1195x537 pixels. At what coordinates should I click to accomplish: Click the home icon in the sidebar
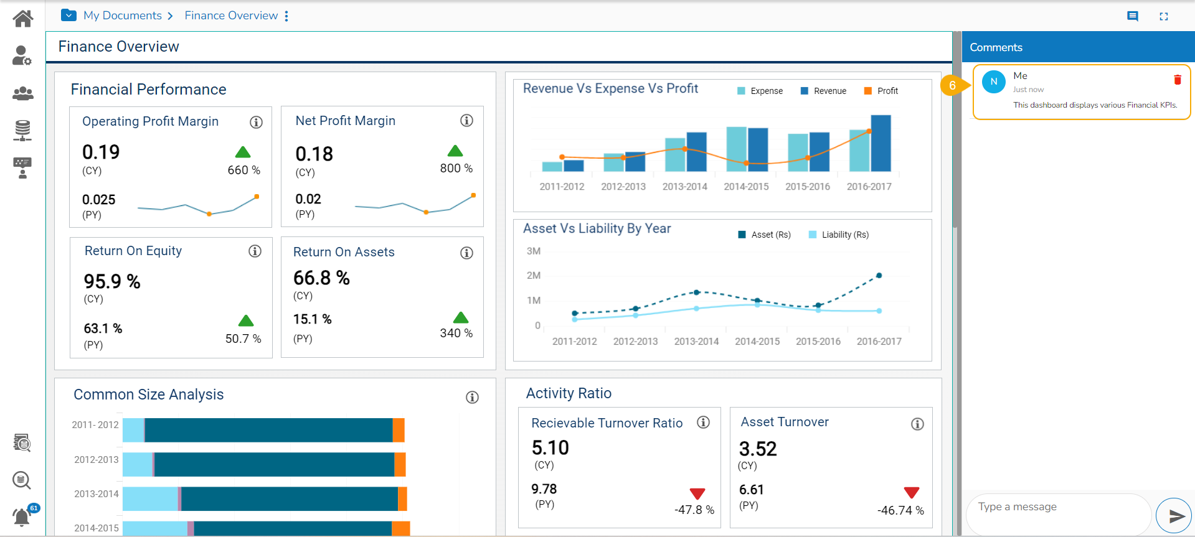tap(23, 19)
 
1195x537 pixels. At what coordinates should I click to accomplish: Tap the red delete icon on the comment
tap(1177, 80)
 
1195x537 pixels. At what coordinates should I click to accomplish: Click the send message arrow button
tap(1174, 515)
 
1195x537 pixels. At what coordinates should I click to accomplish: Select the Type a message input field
tap(1059, 507)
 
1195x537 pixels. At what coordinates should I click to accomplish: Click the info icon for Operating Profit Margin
tap(256, 122)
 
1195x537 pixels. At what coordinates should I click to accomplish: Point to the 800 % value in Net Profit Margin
tap(456, 168)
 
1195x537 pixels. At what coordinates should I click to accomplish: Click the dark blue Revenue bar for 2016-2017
tap(881, 143)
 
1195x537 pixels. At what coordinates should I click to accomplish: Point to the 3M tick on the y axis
tap(534, 251)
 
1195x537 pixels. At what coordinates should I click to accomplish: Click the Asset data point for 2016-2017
tap(879, 275)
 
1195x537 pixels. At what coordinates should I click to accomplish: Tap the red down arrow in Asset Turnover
tap(912, 493)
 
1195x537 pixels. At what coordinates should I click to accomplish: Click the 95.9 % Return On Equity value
tap(112, 281)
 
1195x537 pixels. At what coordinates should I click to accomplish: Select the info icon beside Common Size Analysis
tap(472, 397)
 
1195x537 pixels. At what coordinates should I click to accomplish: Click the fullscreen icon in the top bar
tap(1163, 17)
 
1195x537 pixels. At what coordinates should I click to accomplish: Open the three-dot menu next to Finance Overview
tap(286, 16)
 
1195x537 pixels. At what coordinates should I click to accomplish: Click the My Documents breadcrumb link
tap(123, 16)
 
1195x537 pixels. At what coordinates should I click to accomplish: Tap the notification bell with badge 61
tap(22, 516)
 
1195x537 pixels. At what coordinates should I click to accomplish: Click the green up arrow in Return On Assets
tap(461, 317)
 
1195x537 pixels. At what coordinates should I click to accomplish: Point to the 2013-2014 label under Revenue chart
tap(684, 187)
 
